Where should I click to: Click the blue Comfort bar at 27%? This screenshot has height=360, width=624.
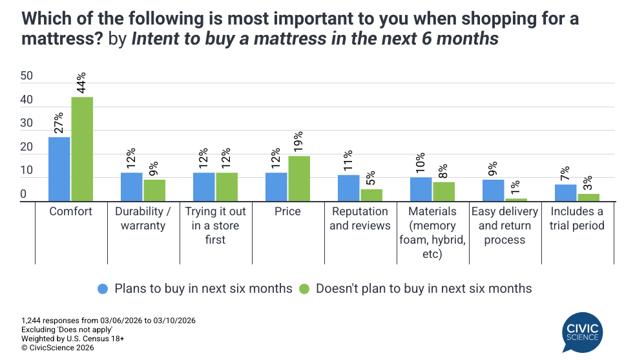pos(59,169)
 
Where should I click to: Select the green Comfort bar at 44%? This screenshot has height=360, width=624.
pos(82,149)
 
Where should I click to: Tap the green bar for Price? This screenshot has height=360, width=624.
pos(299,179)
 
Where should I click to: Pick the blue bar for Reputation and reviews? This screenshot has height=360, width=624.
pos(349,188)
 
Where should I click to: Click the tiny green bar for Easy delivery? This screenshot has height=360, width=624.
pos(516,200)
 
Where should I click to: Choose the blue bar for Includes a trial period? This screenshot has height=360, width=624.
pos(566,193)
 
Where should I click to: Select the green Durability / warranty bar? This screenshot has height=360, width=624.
pos(154,191)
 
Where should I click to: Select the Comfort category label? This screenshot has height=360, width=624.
pos(71,212)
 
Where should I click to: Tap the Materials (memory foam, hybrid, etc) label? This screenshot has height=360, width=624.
pos(433,233)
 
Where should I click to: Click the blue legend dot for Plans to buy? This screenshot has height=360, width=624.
pos(102,288)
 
